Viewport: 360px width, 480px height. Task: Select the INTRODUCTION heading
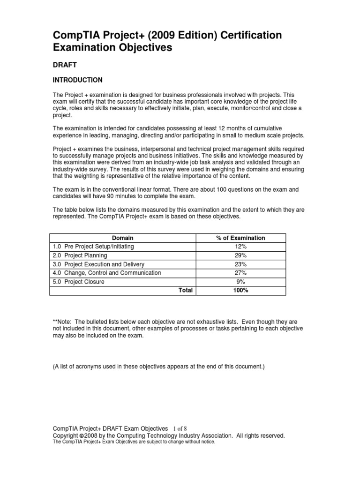click(77, 80)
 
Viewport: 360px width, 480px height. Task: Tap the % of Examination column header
click(240, 238)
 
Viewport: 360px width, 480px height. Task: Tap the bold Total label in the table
click(186, 291)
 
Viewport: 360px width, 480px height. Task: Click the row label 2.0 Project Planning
click(80, 255)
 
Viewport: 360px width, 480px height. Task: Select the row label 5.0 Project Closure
click(78, 282)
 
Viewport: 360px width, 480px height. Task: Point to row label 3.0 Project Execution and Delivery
click(98, 264)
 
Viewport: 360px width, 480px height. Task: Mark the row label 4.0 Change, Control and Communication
click(106, 273)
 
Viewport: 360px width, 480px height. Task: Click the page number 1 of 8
click(180, 428)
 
